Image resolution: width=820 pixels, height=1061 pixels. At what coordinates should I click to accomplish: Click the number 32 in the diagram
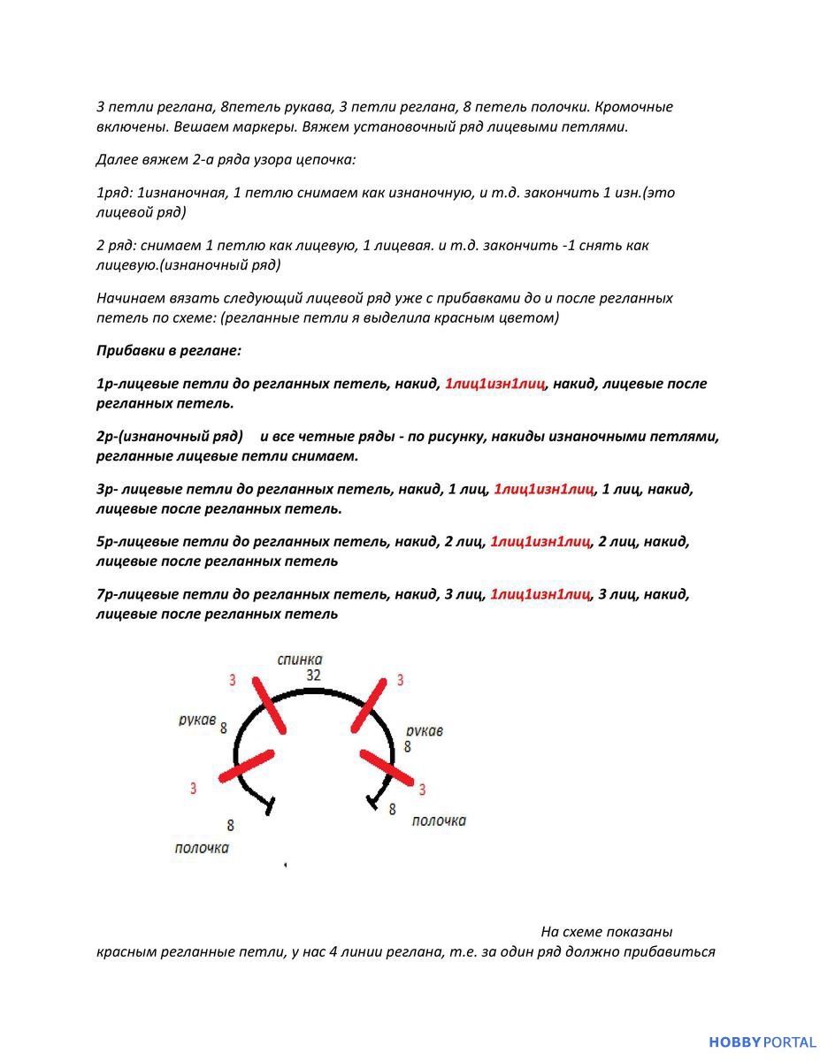[x=313, y=675]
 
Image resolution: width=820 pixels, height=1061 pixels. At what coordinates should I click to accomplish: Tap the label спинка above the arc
[x=300, y=660]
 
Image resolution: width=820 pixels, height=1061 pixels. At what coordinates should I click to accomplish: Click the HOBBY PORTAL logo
[x=762, y=1042]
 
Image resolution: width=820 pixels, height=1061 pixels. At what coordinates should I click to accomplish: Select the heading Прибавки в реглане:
[x=169, y=351]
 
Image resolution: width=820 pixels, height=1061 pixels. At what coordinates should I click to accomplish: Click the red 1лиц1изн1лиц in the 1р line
[x=495, y=384]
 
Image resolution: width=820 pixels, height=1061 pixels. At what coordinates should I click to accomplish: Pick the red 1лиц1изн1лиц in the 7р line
[x=540, y=594]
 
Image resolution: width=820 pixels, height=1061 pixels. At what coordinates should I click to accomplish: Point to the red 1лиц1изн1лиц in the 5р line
[x=540, y=542]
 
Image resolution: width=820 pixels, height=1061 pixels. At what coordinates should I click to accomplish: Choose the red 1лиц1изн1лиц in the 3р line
[x=544, y=489]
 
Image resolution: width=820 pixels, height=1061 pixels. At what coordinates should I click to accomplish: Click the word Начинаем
[x=130, y=298]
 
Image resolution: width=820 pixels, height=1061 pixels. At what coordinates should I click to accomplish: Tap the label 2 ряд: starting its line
[x=119, y=246]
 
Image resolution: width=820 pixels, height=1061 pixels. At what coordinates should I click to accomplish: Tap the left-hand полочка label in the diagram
[x=202, y=849]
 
